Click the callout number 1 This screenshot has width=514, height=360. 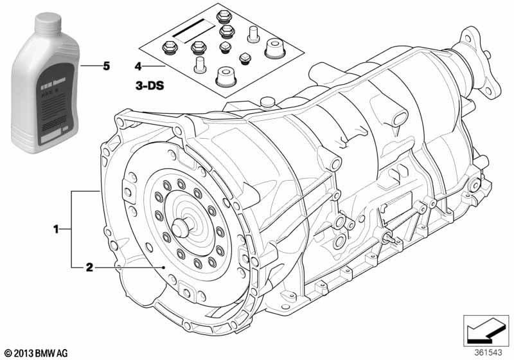tap(57, 228)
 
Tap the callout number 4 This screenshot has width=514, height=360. tap(137, 66)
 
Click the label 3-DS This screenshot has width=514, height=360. tap(148, 84)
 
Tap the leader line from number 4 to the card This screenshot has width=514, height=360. tap(153, 66)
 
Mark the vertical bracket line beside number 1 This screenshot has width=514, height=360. tap(71, 228)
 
